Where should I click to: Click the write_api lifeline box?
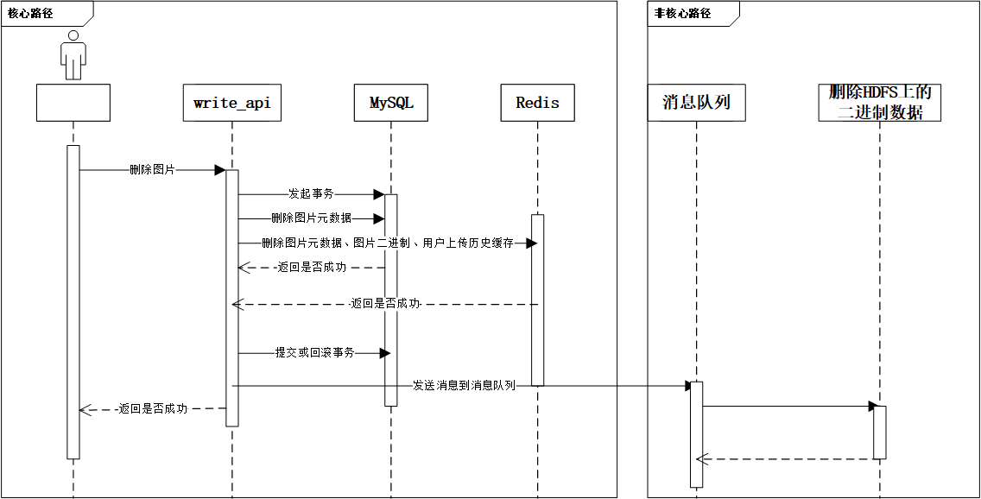(x=231, y=103)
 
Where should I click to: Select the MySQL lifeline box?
(x=391, y=103)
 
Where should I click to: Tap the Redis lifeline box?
(x=537, y=103)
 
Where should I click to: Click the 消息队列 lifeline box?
(x=696, y=103)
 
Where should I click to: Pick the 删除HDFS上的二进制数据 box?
(x=879, y=103)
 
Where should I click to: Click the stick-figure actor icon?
(x=73, y=55)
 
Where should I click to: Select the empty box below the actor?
(x=73, y=103)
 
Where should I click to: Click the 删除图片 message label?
(x=152, y=170)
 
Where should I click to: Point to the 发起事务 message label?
(x=310, y=194)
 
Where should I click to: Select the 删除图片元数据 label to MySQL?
(x=311, y=218)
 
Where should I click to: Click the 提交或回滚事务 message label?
(x=314, y=352)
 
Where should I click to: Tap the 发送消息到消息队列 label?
(x=463, y=385)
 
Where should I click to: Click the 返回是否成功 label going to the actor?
(x=153, y=409)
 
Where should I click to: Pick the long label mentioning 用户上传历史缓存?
(x=387, y=243)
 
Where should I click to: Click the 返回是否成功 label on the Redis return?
(x=385, y=304)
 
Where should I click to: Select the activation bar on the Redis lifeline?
(x=537, y=299)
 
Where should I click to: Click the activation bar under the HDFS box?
(x=879, y=432)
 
